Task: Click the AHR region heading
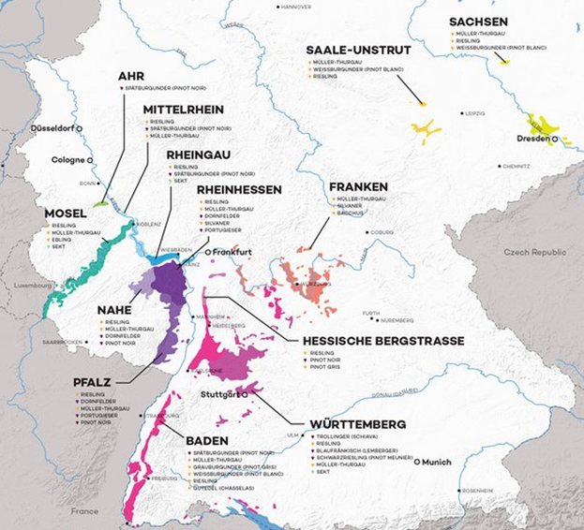[132, 76]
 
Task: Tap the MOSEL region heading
[66, 213]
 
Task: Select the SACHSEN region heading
[478, 22]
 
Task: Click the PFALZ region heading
[94, 382]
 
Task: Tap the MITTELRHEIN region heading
[184, 110]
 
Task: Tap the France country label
[83, 511]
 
